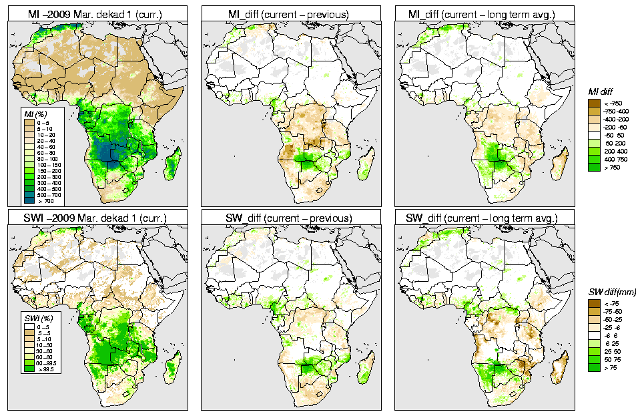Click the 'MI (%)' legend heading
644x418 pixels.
tap(34, 114)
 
